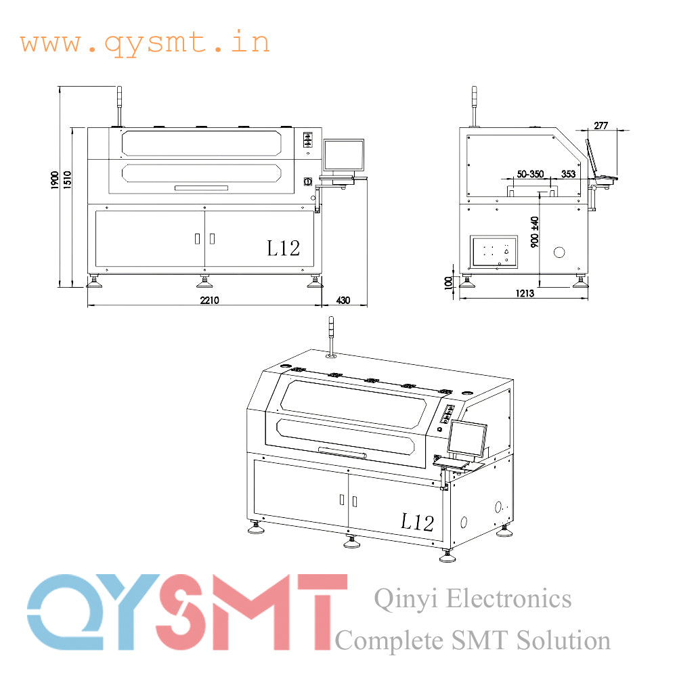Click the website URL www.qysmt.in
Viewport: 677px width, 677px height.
coord(145,43)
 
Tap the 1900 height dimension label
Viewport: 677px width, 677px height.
coord(55,179)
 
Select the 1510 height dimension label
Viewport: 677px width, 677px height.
coord(67,179)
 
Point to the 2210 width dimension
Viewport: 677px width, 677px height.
coord(209,300)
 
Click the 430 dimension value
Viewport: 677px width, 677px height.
coord(343,300)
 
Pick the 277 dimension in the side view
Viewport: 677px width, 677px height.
coord(601,126)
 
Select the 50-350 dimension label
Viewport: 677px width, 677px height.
coord(530,174)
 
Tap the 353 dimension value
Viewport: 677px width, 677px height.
coord(568,174)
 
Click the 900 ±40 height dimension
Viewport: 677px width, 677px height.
coord(535,232)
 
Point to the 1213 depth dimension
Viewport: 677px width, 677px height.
coord(525,294)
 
